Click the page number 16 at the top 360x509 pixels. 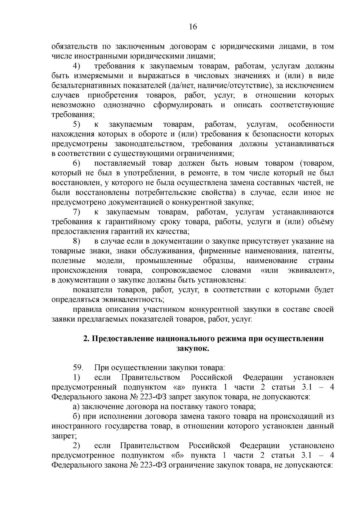193,27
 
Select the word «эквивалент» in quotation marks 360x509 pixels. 309,271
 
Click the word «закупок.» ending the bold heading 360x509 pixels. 192,349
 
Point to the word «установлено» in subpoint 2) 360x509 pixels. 311,446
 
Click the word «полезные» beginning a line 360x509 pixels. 69,261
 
